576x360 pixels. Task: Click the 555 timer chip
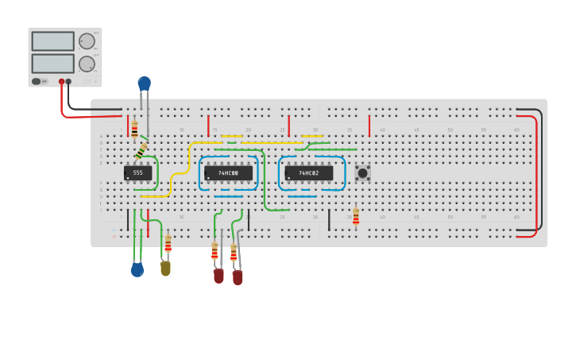coord(137,172)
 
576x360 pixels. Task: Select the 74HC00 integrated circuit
coord(228,172)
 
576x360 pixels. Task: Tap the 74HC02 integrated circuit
coord(308,172)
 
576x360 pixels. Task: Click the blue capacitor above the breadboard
coord(144,83)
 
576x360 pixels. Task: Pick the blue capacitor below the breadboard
coord(137,270)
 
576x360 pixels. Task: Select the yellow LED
coord(165,269)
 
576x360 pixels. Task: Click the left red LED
coord(218,276)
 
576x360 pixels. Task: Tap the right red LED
coord(238,277)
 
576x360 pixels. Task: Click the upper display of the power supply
coord(52,41)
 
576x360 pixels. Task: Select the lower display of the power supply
coord(52,64)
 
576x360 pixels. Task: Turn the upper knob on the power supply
coord(87,41)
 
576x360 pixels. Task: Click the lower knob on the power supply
coord(87,64)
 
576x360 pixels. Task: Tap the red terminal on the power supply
coord(61,81)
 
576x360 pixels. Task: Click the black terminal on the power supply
coord(69,81)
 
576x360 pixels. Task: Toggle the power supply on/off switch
coord(37,81)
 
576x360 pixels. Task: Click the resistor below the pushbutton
coord(356,217)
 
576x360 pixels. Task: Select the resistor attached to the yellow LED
coord(168,244)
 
